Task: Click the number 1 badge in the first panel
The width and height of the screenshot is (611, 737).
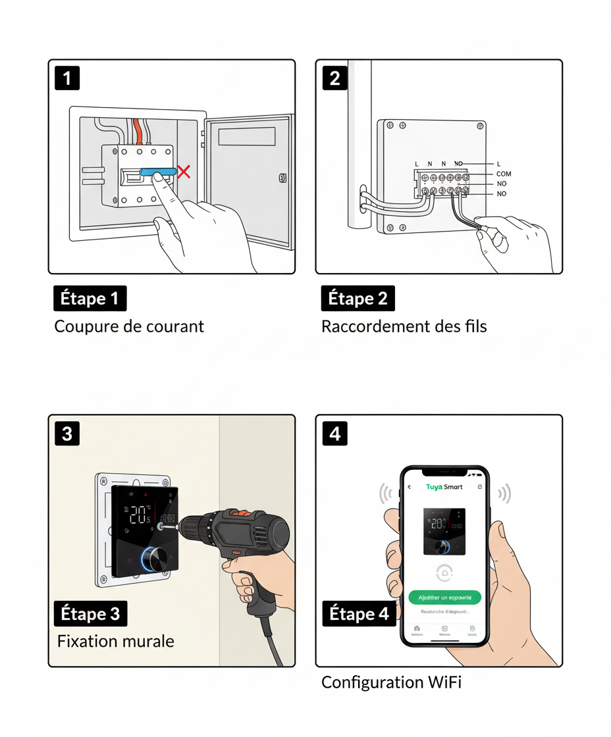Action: tap(66, 78)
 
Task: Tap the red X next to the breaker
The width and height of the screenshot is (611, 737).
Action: tap(184, 172)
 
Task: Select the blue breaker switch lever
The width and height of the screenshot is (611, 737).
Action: tap(158, 172)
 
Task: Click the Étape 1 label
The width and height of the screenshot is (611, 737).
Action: tap(90, 299)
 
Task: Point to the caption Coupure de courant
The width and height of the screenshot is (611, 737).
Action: tap(129, 326)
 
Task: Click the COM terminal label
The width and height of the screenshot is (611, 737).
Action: tap(504, 174)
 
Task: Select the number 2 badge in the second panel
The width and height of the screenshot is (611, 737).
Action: tap(334, 78)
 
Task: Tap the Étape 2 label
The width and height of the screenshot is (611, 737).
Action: tap(358, 299)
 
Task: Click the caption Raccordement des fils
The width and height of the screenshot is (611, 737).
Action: tap(404, 326)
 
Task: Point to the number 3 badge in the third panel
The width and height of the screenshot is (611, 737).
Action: tap(66, 434)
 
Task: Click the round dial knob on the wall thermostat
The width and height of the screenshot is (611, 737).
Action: tap(157, 559)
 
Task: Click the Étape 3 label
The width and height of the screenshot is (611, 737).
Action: tap(90, 614)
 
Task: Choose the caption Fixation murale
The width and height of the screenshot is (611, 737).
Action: tap(116, 641)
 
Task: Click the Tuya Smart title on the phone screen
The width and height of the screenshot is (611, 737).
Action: tap(444, 487)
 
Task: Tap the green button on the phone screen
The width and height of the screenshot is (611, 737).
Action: tap(444, 597)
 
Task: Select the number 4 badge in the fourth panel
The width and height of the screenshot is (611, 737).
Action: tap(334, 434)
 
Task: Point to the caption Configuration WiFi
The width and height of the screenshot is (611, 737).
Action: tap(391, 683)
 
